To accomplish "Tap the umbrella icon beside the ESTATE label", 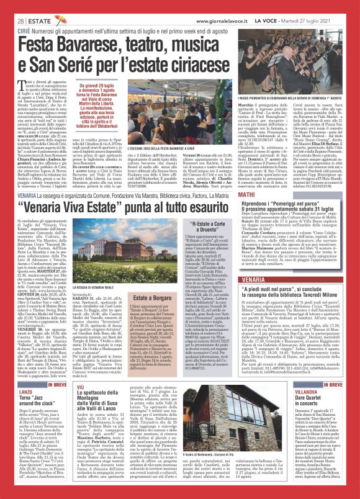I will pyautogui.click(x=59, y=20).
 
